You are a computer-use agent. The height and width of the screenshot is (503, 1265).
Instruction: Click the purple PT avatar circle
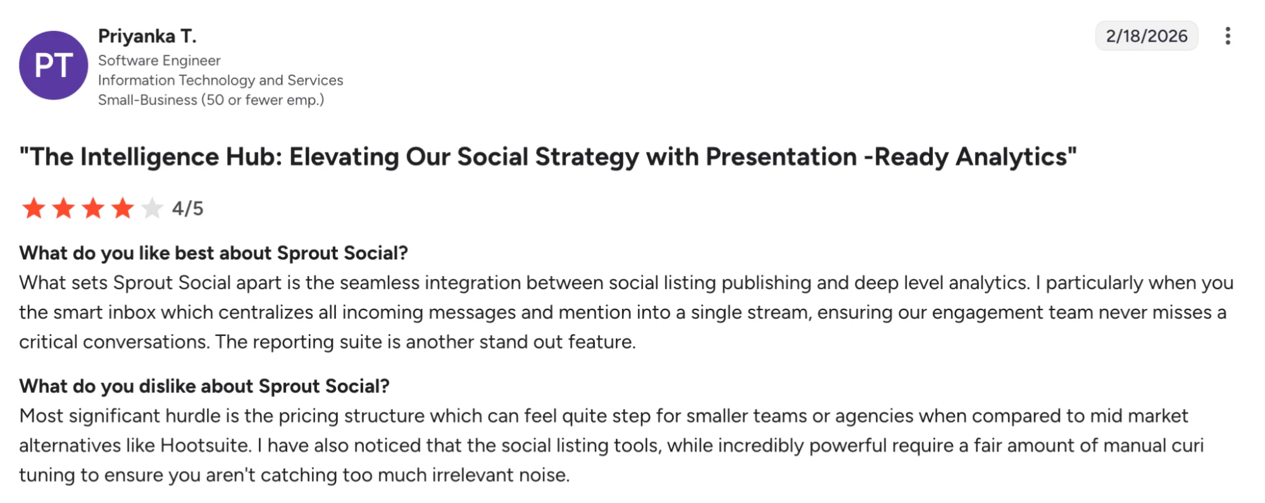[x=53, y=65]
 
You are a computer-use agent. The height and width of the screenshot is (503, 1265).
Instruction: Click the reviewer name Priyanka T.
[x=147, y=36]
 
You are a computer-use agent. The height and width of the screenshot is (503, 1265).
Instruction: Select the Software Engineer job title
[x=159, y=60]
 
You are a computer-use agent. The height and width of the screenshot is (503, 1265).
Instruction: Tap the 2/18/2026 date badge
[x=1146, y=36]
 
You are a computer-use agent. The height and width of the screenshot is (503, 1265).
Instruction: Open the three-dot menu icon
[x=1227, y=36]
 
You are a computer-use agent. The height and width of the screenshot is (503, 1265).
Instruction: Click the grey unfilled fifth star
[x=152, y=208]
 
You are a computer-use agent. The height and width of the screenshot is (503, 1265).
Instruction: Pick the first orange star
[x=34, y=208]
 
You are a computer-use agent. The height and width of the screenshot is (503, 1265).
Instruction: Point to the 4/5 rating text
[x=188, y=208]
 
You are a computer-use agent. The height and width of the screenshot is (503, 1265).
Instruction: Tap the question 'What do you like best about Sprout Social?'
[x=213, y=253]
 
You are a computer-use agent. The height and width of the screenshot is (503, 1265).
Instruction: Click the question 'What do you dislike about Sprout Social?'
[x=204, y=386]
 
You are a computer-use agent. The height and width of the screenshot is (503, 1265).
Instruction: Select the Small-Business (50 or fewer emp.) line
[x=211, y=100]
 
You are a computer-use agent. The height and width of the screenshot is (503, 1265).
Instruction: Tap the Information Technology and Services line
[x=220, y=80]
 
